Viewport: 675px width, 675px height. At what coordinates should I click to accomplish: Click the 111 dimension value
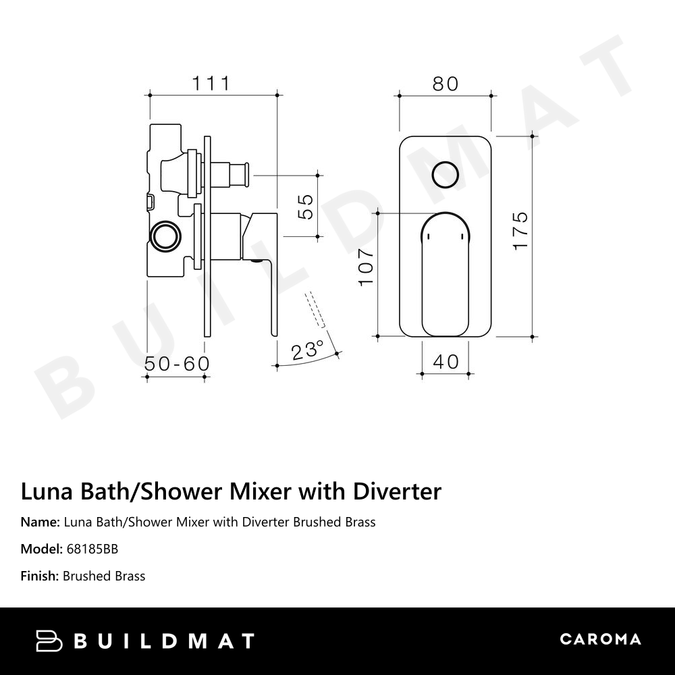(x=211, y=83)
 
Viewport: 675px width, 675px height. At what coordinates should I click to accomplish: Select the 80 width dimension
(x=445, y=84)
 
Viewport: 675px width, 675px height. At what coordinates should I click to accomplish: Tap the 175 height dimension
(x=520, y=232)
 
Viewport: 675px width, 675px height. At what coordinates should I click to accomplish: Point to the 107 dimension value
(x=365, y=266)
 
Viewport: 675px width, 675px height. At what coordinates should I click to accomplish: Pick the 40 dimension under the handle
(x=446, y=361)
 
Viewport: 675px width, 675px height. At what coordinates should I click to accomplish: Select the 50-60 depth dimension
(x=177, y=363)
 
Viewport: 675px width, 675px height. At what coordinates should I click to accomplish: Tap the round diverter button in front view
(x=445, y=174)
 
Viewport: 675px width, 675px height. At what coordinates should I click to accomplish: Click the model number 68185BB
(x=92, y=549)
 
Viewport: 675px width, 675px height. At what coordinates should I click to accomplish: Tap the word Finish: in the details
(x=40, y=576)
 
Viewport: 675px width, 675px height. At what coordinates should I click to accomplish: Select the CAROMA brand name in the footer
(x=600, y=639)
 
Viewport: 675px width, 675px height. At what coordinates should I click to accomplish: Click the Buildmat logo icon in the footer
(x=49, y=640)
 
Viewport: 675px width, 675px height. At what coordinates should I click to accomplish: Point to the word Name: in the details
(x=40, y=522)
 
